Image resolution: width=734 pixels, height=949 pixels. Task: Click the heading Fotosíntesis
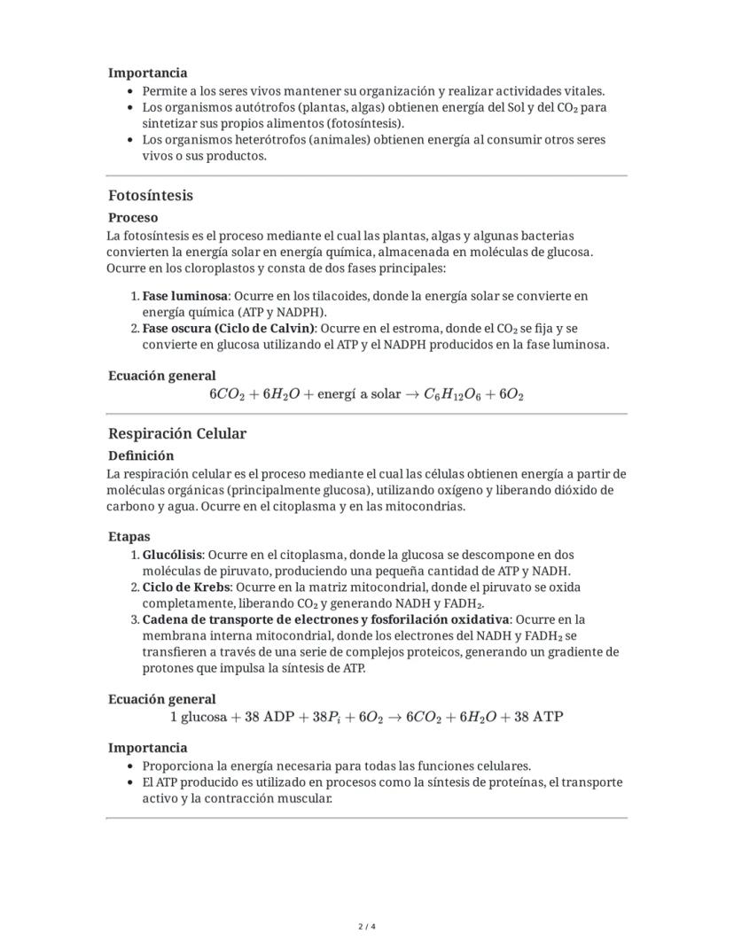coord(151,195)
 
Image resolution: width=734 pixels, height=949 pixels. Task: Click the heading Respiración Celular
coord(177,433)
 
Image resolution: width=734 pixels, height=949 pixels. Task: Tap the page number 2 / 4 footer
coord(367,927)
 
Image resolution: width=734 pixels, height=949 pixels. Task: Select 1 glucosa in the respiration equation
coord(198,717)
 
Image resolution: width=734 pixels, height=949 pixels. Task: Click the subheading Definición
coord(141,455)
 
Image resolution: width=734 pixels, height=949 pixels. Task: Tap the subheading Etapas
coord(129,536)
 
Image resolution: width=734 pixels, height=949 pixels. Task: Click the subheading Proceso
coord(133,217)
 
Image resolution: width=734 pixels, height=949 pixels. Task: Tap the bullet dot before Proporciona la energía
coord(131,766)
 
